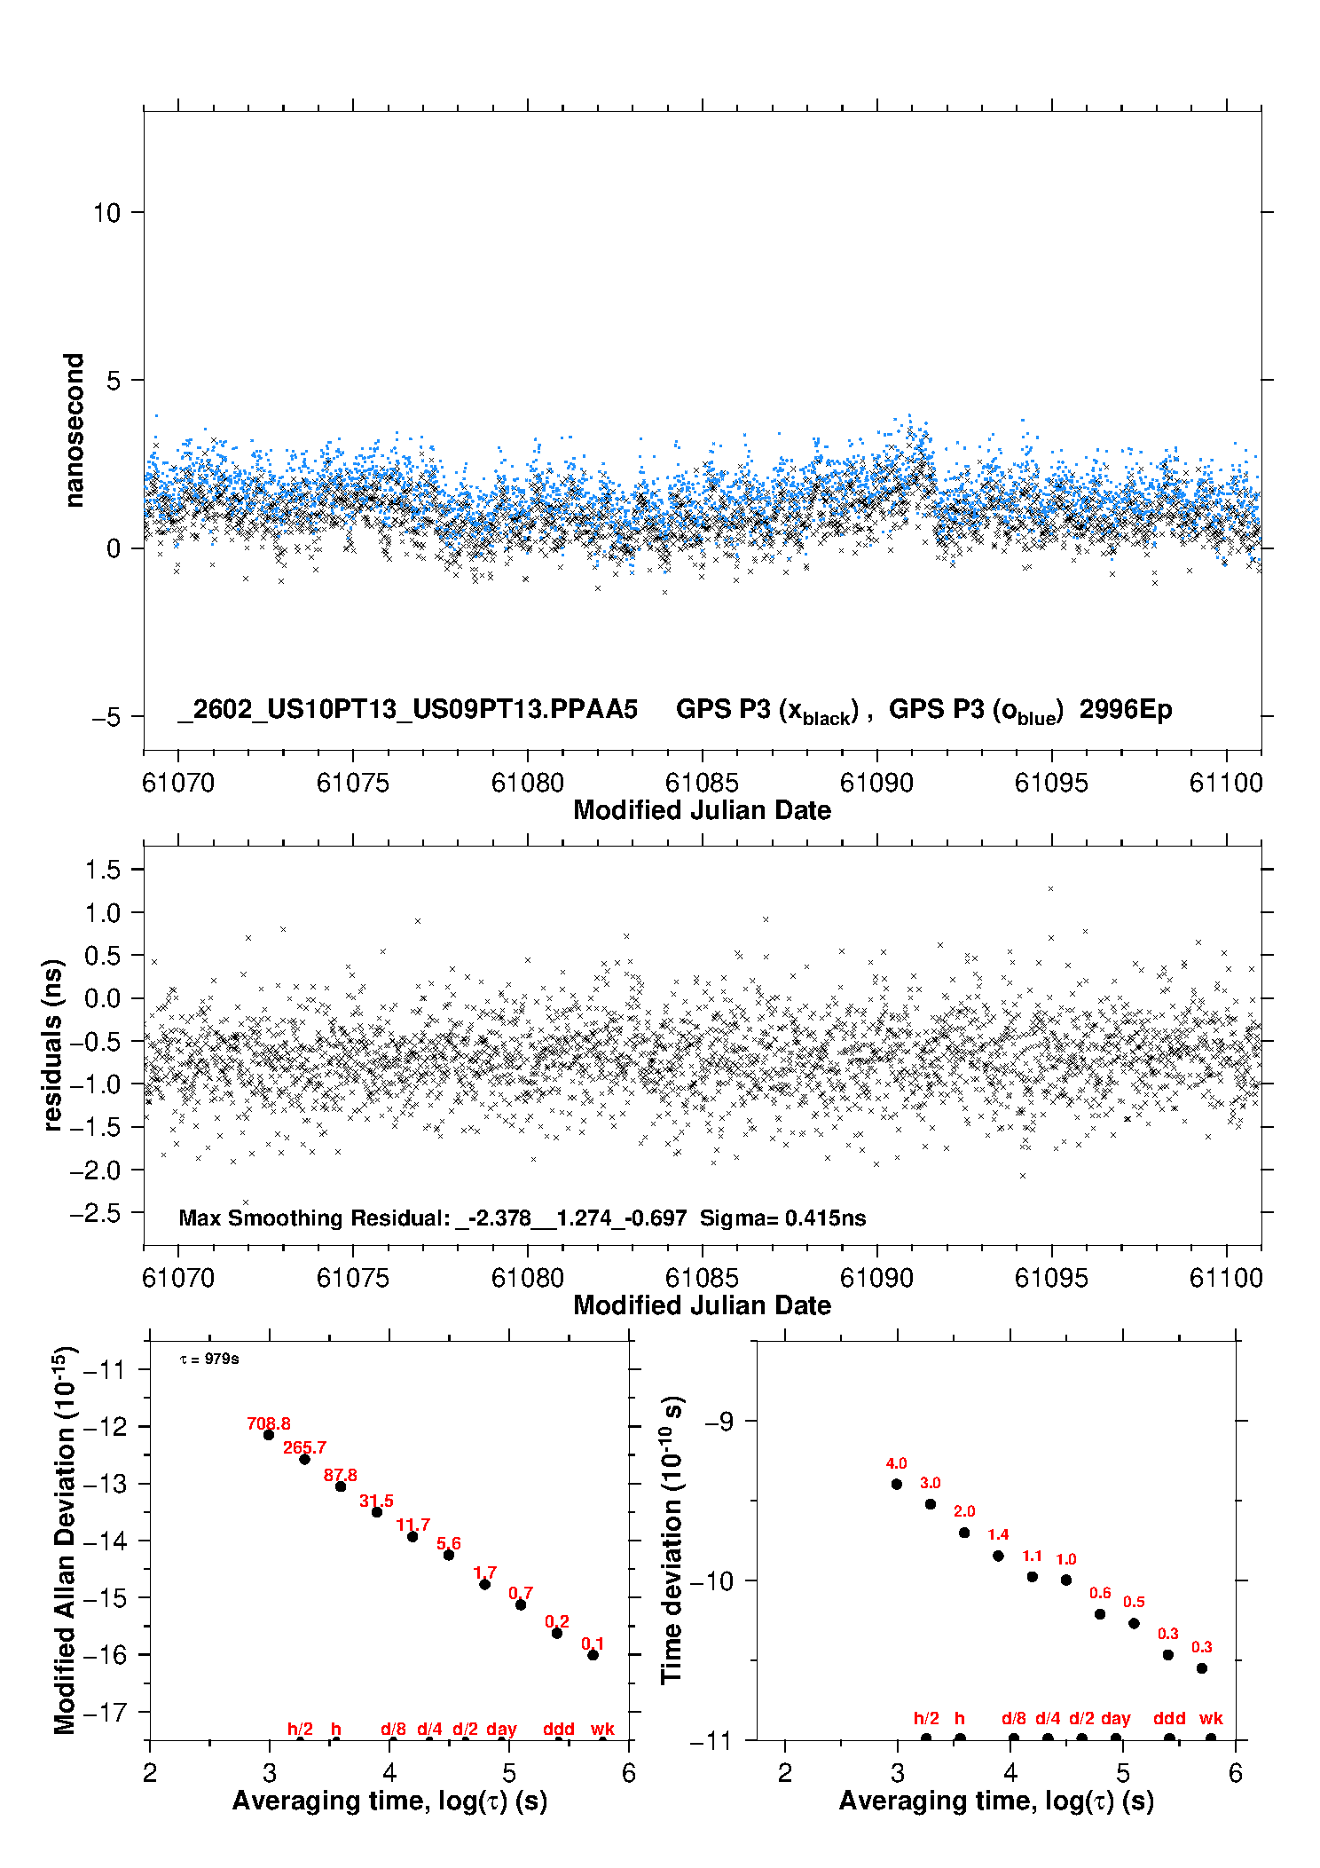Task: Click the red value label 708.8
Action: pos(269,1423)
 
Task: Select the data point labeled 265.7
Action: pos(304,1459)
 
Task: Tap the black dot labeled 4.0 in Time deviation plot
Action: pos(896,1484)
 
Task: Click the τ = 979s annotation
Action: pos(209,1359)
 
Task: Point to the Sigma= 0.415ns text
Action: pos(782,1218)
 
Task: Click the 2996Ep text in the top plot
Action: pos(1125,709)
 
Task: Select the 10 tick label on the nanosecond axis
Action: pos(106,213)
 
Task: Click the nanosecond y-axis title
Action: pos(75,430)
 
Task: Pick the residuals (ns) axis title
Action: pos(54,1044)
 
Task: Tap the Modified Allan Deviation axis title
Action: pos(65,1540)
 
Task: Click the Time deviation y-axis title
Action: pos(672,1540)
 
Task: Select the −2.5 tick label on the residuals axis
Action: pos(95,1214)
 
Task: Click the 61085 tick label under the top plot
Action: pos(702,783)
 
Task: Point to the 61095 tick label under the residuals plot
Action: pos(1051,1278)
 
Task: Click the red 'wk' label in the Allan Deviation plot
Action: pos(602,1729)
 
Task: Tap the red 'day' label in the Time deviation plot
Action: pos(1115,1718)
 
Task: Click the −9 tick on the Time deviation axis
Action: pos(719,1422)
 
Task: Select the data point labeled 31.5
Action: pos(376,1512)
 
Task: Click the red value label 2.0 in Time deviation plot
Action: pos(964,1511)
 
